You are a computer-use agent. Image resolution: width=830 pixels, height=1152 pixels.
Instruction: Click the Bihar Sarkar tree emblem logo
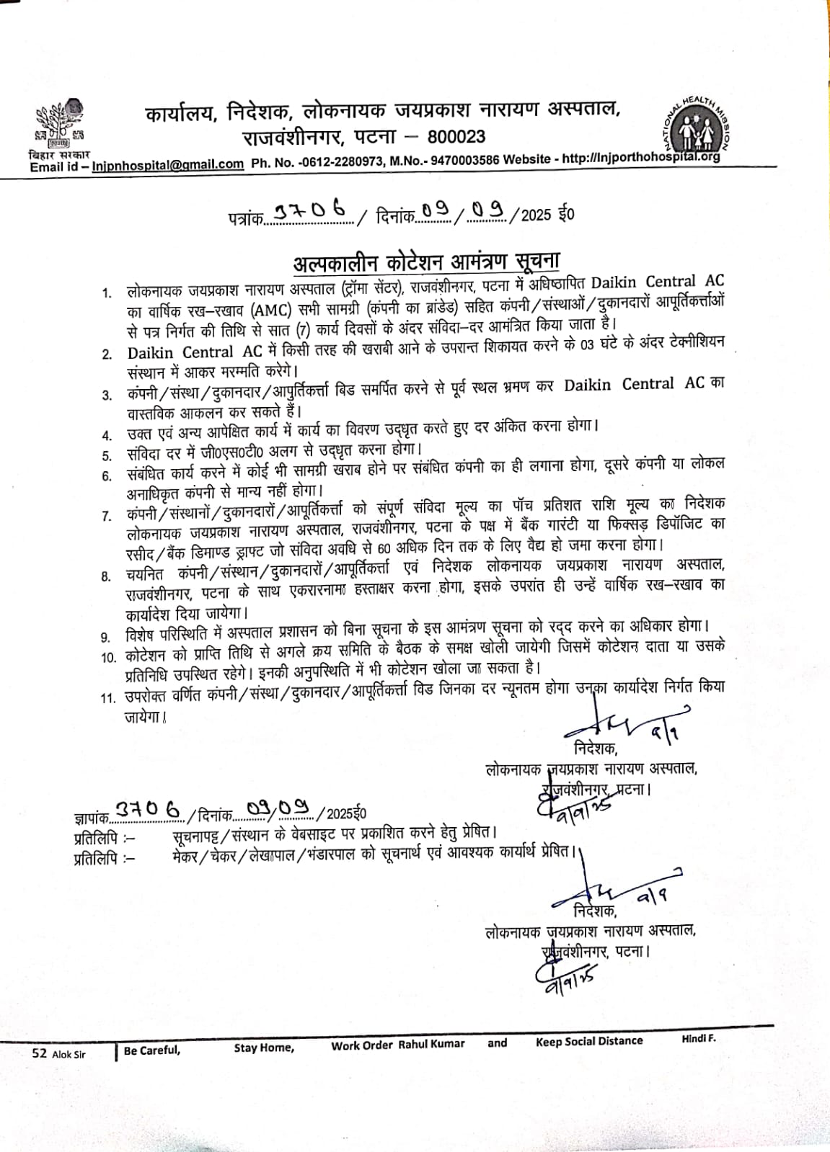click(x=60, y=122)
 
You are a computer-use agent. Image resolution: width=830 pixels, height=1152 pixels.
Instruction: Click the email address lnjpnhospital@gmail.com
click(x=168, y=164)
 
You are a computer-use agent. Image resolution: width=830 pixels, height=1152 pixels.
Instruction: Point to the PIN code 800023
click(x=456, y=137)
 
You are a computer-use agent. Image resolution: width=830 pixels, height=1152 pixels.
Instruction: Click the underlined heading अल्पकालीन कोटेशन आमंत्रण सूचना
click(x=426, y=261)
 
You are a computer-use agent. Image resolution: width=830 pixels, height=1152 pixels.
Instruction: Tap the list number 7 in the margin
click(x=107, y=516)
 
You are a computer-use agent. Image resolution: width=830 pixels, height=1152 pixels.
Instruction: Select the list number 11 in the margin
click(x=108, y=698)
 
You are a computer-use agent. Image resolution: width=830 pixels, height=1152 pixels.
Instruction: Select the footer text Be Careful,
click(x=151, y=1050)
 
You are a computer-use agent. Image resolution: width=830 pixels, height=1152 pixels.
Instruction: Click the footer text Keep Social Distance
click(x=588, y=1041)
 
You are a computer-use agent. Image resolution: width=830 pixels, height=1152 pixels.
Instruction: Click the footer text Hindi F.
click(x=698, y=1038)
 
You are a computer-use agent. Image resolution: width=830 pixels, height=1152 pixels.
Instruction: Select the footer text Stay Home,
click(x=264, y=1048)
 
